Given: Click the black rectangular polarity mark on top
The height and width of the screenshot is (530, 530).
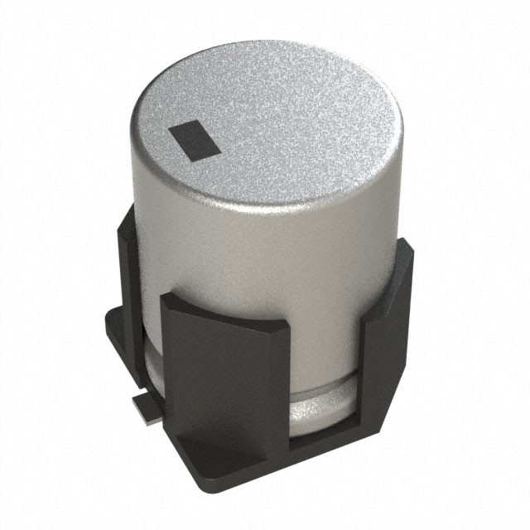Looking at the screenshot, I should (195, 140).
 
